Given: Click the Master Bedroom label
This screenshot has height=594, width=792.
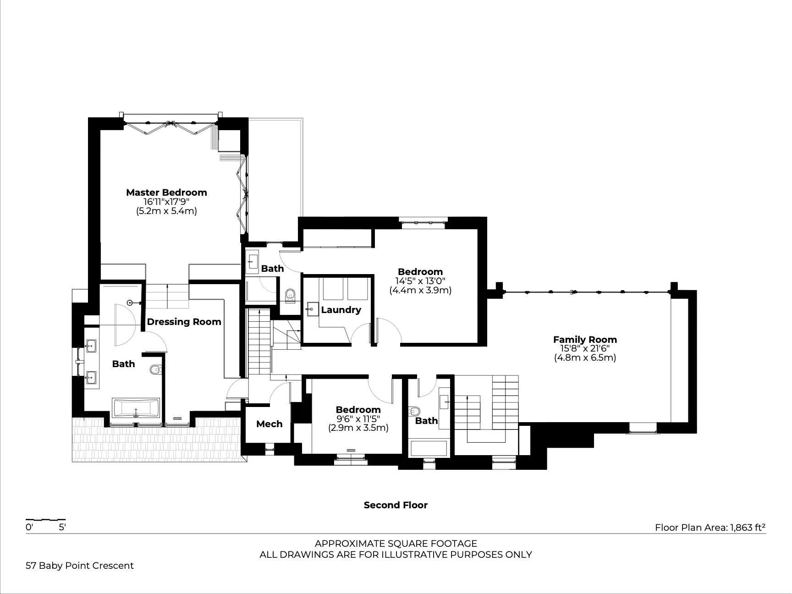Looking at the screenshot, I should coord(166,192).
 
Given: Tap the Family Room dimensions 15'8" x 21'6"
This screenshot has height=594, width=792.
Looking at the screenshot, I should coord(585,349).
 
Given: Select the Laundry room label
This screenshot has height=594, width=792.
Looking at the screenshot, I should coord(341,310).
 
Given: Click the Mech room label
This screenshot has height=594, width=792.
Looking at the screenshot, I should coord(269,424).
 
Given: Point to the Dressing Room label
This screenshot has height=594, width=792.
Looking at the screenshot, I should coord(184,322).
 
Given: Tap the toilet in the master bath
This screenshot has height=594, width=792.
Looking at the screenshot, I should coord(156,369).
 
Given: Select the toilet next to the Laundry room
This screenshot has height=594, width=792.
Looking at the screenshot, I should coord(290,296).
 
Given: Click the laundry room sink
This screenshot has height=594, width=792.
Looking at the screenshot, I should coord(312,309).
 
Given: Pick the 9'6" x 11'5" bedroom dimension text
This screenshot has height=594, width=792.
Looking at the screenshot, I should coord(358,419).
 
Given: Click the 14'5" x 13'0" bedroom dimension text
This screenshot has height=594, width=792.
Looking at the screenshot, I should coord(420,281).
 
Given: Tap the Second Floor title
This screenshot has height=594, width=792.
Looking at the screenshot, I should coord(396,505).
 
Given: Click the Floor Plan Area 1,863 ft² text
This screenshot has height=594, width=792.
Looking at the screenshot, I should coord(710,528).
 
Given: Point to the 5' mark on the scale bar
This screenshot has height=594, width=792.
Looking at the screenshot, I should coord(62,527).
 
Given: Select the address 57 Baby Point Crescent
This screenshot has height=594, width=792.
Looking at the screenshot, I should coord(80,566).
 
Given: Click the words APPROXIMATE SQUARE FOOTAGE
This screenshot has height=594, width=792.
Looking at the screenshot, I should coord(396,544).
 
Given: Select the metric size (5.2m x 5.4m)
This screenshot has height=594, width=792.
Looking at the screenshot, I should coord(166,211).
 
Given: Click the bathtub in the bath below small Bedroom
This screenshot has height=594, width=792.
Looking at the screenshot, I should coord(429,449).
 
